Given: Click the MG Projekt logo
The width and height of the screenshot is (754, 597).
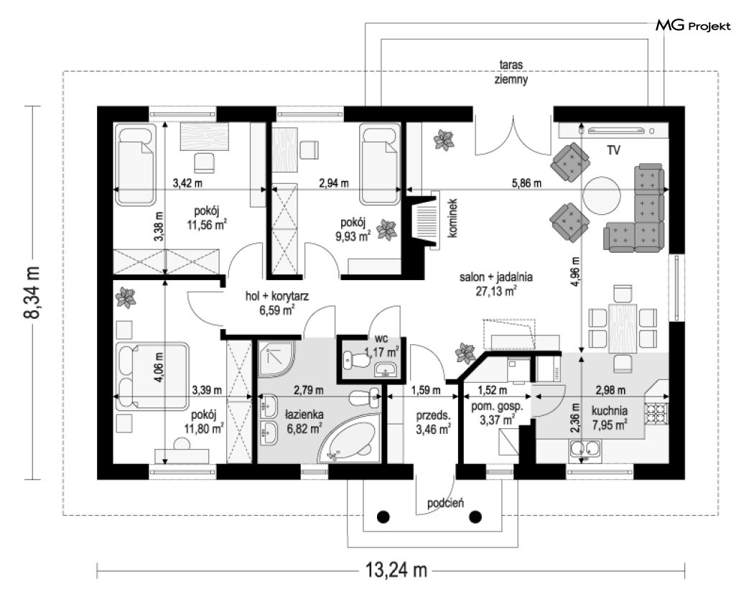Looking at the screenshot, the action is tap(693, 25).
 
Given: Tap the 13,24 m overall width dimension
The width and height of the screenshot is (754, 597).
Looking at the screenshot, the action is tap(396, 570).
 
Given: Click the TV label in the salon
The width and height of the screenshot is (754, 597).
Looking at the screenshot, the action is tap(613, 150).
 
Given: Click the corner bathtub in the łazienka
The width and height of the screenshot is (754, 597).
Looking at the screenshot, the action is tap(350, 440).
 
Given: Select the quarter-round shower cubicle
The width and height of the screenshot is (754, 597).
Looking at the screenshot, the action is tap(276, 358).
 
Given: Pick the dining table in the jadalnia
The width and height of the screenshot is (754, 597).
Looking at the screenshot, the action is tap(623, 328).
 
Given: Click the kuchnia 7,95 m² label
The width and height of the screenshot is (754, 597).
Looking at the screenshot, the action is tap(609, 417).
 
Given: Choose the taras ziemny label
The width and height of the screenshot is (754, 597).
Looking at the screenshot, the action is tap(511, 72).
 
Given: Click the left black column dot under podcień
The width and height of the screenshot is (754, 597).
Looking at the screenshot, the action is tap(383, 517).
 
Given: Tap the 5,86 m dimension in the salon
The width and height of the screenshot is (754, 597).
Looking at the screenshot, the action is tap(526, 182).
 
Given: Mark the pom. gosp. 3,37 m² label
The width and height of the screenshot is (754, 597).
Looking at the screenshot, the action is tap(497, 413).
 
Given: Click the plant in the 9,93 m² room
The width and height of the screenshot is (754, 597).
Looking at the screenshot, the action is tap(386, 229).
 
